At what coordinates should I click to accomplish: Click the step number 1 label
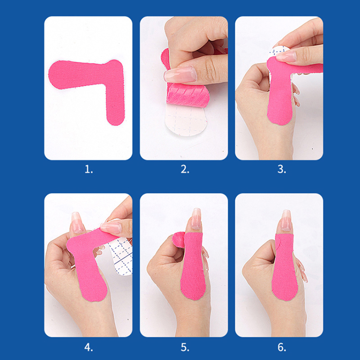[x=89, y=170]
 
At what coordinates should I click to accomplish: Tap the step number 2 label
[x=185, y=170]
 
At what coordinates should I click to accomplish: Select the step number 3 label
[x=282, y=170]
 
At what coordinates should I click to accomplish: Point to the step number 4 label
[x=89, y=347]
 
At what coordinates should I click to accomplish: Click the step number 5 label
[x=185, y=347]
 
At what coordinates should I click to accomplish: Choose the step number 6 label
[x=282, y=347]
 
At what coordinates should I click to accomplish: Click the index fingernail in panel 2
[x=180, y=75]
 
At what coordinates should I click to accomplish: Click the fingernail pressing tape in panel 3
[x=286, y=57]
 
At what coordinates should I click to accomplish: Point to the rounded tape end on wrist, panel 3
[x=279, y=116]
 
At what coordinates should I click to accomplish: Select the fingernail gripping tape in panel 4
[x=111, y=227]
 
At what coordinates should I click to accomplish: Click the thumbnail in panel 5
[x=196, y=219]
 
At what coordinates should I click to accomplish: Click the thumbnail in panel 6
[x=286, y=220]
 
